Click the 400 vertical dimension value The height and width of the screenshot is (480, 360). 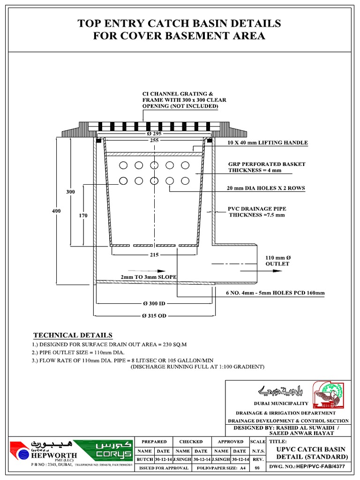(x=56, y=211)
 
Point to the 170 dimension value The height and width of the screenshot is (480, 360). (x=83, y=216)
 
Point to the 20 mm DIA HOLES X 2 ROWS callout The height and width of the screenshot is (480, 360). (x=266, y=188)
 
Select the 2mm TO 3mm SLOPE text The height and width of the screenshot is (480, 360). (x=149, y=277)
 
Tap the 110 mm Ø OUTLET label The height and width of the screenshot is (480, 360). (x=277, y=261)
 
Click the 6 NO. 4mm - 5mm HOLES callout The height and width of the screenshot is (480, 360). (x=272, y=293)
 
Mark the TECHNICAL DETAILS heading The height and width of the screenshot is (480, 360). (x=73, y=335)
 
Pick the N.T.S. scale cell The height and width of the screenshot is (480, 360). (x=257, y=459)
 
